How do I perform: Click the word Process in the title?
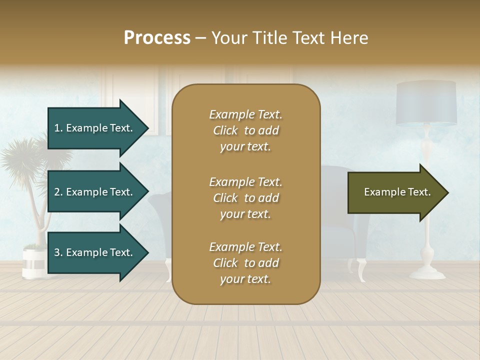(157, 38)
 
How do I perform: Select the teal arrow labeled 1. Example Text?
(94, 128)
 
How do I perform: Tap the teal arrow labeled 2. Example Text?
(94, 192)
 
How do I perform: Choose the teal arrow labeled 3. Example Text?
(94, 252)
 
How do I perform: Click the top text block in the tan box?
(245, 130)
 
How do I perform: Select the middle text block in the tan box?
(245, 198)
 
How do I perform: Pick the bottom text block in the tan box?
(245, 263)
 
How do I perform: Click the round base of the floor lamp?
(427, 273)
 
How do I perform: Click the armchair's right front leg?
(361, 270)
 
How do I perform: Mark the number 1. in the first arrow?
(58, 128)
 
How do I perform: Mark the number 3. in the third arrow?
(58, 252)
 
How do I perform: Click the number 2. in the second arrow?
(58, 192)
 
